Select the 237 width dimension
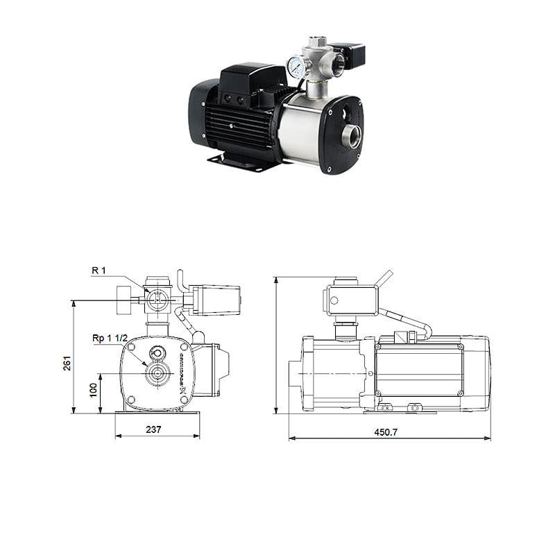154,429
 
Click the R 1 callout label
99,269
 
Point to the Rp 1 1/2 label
110,338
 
